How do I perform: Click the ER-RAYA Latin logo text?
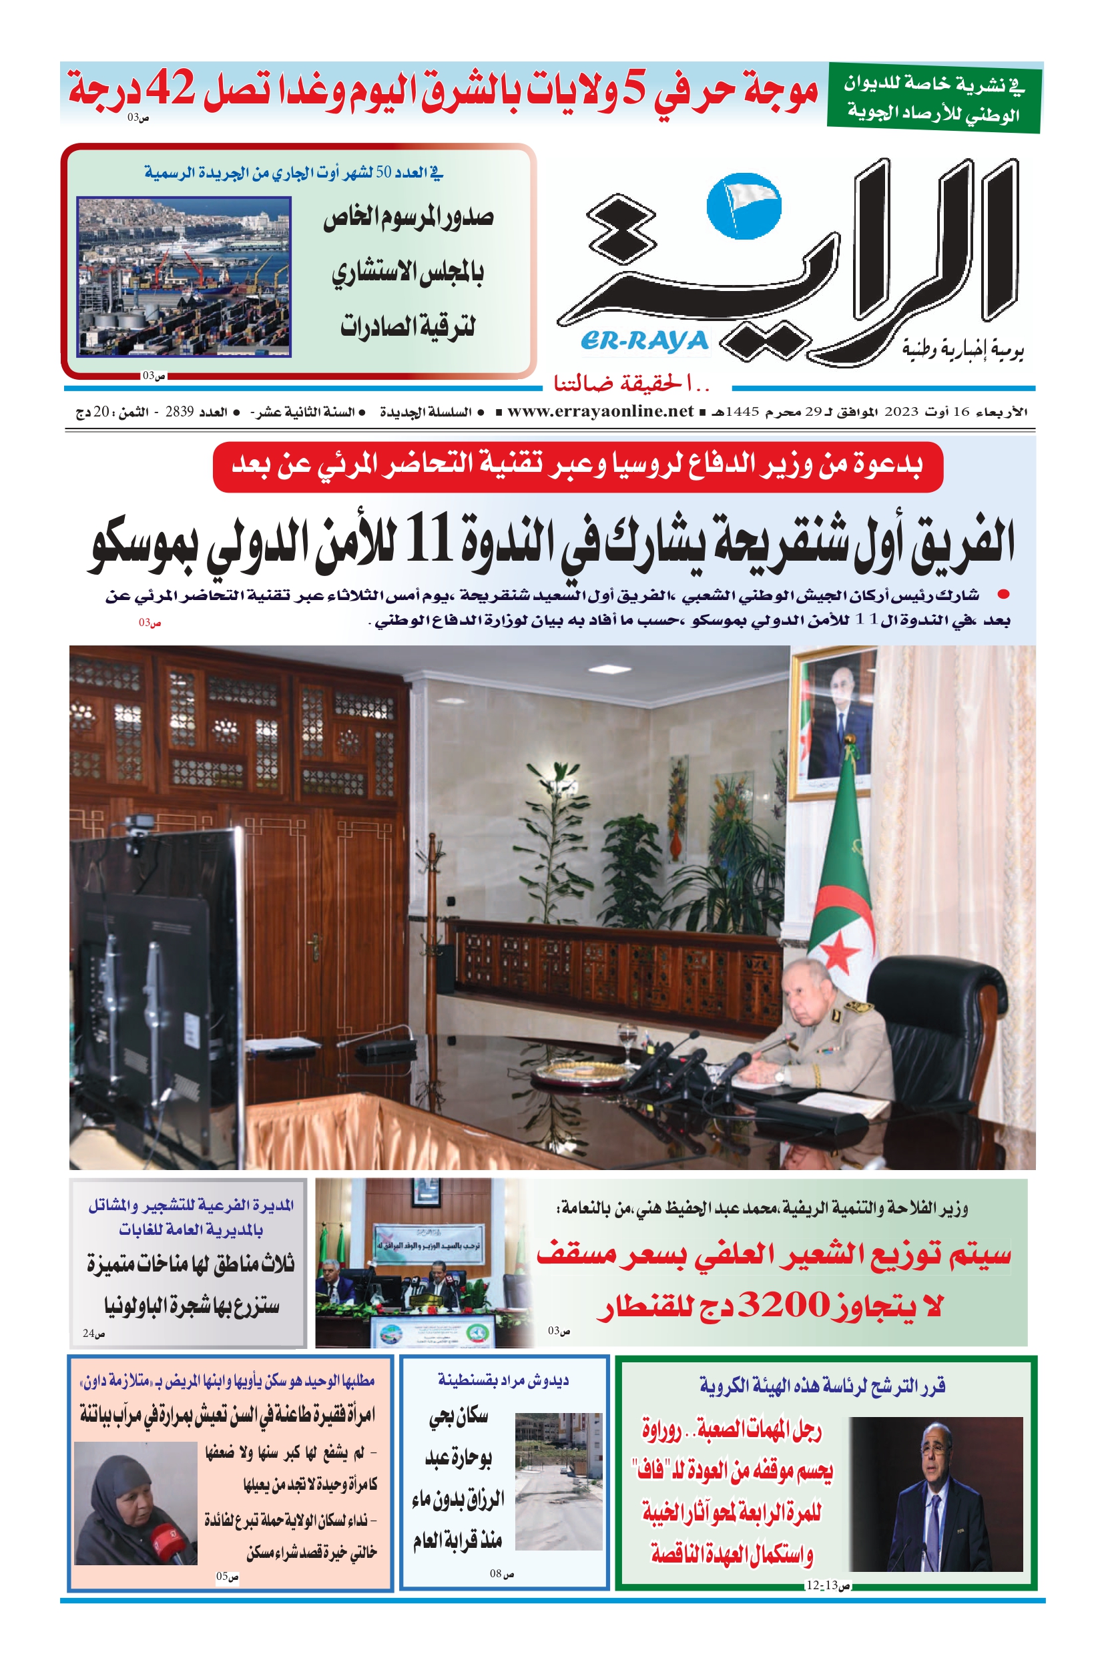644,341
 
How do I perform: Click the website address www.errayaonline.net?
600,412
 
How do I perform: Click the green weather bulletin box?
933,98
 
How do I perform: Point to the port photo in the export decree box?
184,277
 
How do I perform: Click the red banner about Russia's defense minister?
577,466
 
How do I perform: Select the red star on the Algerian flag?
837,951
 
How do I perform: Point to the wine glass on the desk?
625,1040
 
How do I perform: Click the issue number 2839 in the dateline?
179,412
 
